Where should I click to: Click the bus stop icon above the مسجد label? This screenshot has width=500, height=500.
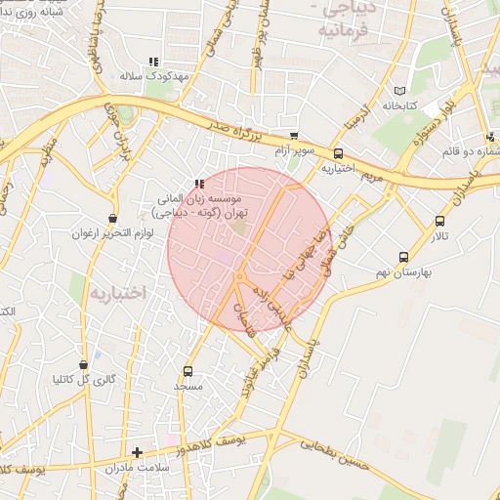coord(187,371)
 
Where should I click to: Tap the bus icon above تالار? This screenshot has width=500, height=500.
coord(439,221)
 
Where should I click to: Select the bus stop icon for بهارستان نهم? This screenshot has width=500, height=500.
coord(403,257)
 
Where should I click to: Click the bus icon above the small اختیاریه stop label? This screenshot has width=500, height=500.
coord(338,153)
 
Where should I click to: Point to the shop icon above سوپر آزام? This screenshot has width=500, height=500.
coord(294,136)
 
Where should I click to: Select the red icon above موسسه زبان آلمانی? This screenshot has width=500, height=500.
coord(199,183)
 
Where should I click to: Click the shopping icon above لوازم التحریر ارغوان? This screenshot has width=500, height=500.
coord(112,219)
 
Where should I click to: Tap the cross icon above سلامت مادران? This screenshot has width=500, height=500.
coord(137,452)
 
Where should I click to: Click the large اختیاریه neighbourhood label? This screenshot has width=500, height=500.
coord(116,292)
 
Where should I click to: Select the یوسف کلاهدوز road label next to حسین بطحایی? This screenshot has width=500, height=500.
coord(225,445)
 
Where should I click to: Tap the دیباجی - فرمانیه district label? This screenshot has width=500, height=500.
coord(354,19)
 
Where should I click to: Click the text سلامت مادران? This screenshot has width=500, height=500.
coord(141,468)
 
